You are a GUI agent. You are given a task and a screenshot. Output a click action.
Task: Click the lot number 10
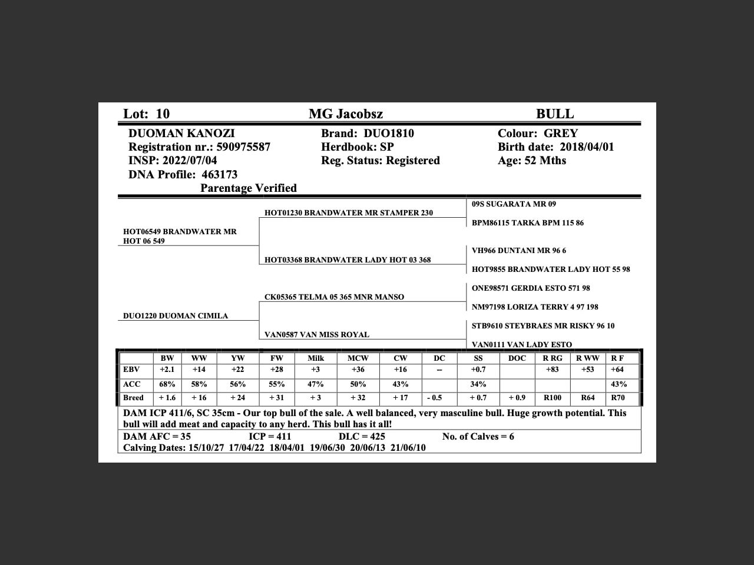point(163,114)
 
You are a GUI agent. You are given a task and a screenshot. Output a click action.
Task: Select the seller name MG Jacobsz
point(346,114)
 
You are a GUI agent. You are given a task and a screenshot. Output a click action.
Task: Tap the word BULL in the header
point(554,114)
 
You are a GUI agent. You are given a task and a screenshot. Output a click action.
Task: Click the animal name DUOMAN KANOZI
point(181,134)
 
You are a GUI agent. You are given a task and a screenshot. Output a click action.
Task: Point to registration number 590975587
point(243,147)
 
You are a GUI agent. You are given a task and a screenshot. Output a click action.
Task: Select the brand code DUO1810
point(389,134)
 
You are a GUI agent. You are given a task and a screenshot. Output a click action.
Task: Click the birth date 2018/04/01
point(587,147)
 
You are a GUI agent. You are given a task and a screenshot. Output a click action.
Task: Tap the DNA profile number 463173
point(220,175)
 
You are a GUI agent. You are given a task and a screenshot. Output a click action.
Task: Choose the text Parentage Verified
point(249,188)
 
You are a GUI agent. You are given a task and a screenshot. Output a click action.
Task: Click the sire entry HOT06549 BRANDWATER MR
point(180,232)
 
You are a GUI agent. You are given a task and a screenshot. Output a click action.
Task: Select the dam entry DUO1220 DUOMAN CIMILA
point(176,316)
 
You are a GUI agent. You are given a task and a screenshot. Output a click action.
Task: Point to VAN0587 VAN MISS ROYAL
point(317,335)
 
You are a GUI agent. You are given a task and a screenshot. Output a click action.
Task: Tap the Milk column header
point(316,358)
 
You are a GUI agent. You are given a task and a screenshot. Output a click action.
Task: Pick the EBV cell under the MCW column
point(358,370)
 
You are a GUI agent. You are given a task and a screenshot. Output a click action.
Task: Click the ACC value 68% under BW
point(167,384)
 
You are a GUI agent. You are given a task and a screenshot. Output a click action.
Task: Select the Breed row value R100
point(553,398)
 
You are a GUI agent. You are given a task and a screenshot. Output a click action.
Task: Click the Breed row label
point(133,398)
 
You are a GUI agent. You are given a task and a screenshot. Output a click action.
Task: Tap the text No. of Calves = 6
point(478,437)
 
